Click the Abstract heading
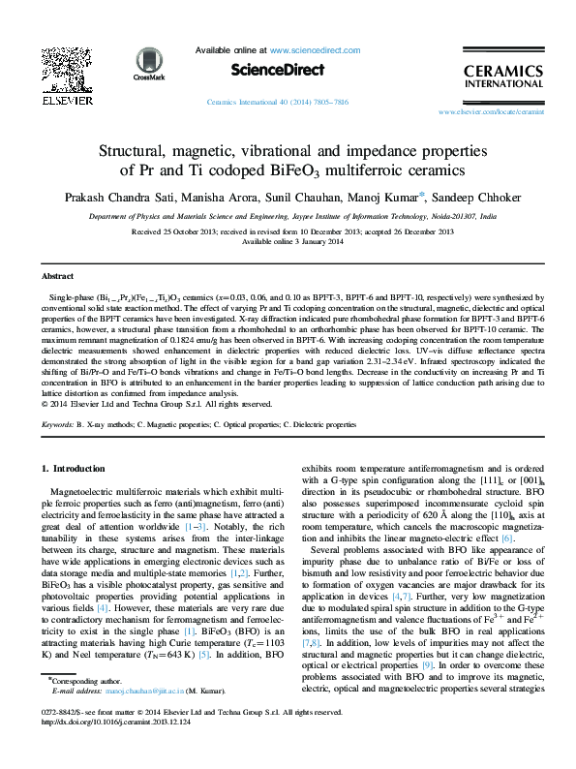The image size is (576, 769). click(59, 276)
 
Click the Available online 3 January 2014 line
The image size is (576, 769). click(288, 242)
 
